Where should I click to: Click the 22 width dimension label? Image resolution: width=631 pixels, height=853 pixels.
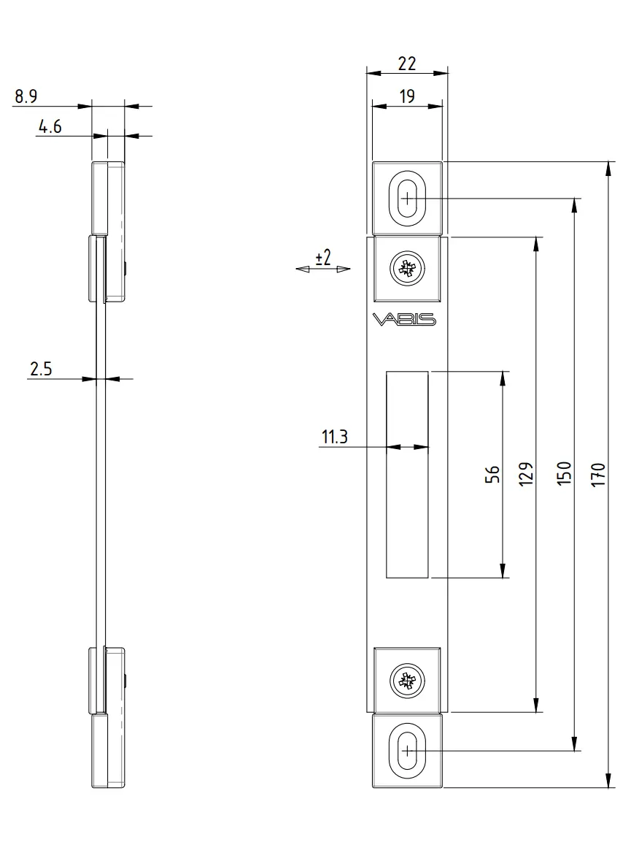[x=407, y=64]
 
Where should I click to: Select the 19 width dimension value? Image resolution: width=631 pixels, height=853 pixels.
[x=407, y=97]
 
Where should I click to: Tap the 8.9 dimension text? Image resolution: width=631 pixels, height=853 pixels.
[x=26, y=97]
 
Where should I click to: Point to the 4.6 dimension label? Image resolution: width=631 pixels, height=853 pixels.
[x=50, y=127]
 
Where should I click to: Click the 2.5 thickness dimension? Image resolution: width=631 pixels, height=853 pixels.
[x=41, y=369]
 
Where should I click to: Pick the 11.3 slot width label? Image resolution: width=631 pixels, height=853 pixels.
[x=335, y=437]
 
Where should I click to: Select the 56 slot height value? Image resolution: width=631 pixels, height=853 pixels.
[x=492, y=475]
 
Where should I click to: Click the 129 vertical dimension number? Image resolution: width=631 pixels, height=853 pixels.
[x=525, y=474]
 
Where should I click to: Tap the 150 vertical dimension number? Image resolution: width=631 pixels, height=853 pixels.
[x=564, y=473]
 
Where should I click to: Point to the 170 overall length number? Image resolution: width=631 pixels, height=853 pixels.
[x=598, y=475]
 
